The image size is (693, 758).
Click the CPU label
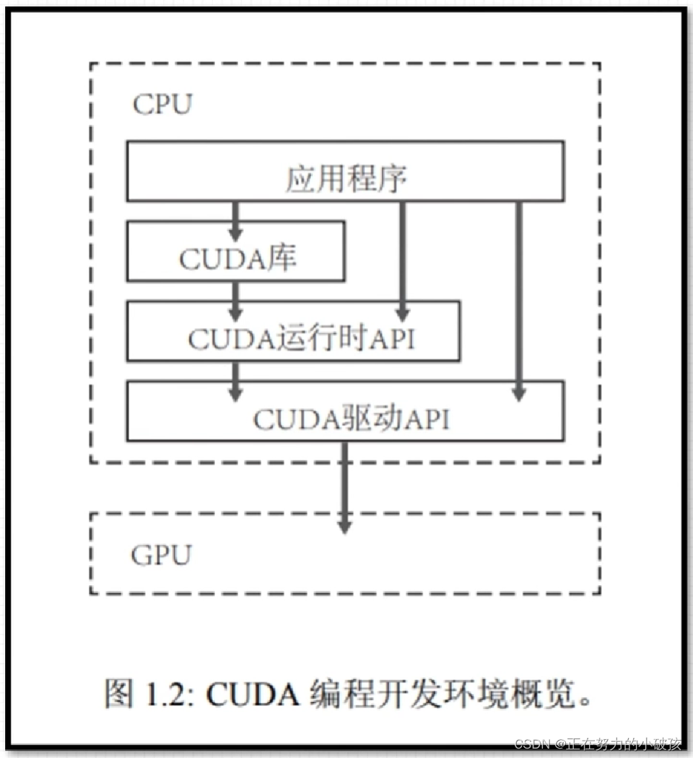pos(162,104)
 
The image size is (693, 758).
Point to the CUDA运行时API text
pos(301,338)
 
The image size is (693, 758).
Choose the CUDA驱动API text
pos(351,419)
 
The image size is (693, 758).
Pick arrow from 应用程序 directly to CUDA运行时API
pos(403,260)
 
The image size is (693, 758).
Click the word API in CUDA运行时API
pos(393,338)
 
